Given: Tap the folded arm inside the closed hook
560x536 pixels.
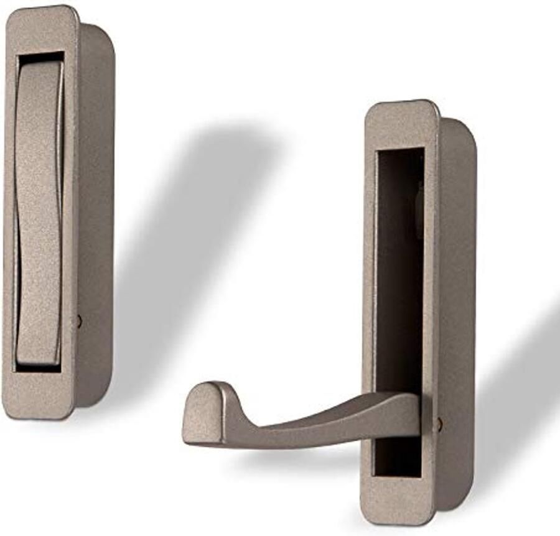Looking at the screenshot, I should click(x=37, y=211).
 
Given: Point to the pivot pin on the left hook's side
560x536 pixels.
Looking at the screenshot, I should click(x=78, y=321).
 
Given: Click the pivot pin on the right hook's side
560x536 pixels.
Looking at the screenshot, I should click(x=439, y=425).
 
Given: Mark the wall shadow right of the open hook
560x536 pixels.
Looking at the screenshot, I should click(x=523, y=386).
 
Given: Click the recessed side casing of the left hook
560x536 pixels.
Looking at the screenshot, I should click(x=96, y=218).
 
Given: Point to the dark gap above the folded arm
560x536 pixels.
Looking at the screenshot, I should click(x=41, y=57).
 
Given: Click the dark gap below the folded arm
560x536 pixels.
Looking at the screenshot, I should click(x=37, y=369).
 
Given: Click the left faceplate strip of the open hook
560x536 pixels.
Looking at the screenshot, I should click(x=368, y=311).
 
